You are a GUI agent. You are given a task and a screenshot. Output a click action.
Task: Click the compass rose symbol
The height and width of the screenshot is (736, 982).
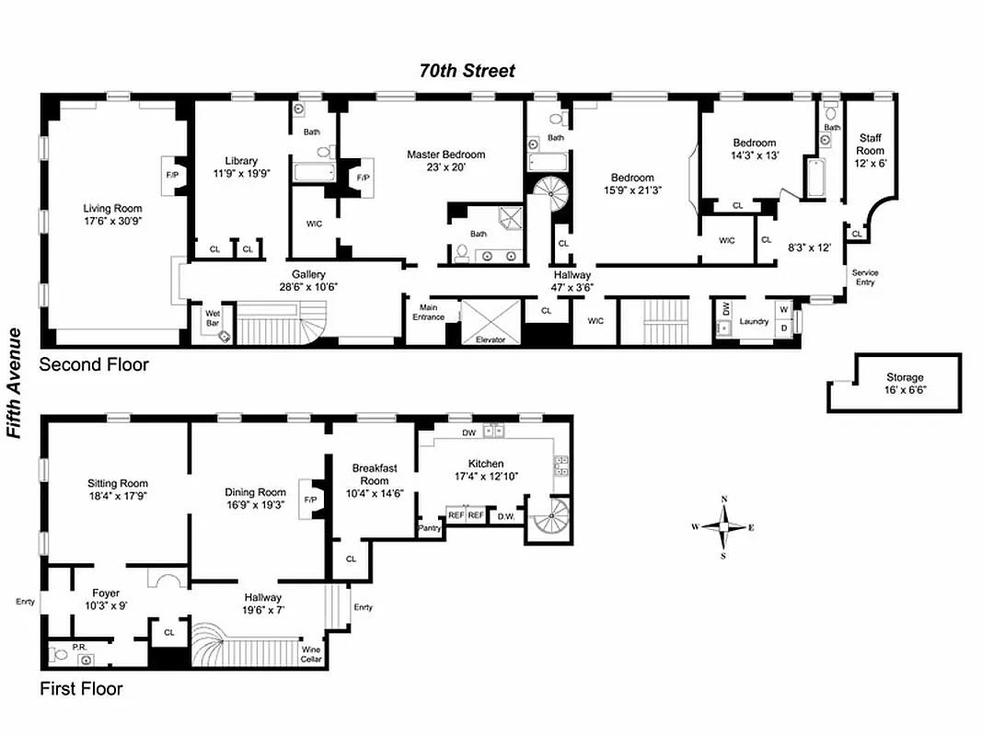point(724,527)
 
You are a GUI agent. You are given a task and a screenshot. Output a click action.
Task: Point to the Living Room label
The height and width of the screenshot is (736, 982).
point(113,209)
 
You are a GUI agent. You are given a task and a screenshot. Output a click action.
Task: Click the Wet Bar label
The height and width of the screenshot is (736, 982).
point(212,317)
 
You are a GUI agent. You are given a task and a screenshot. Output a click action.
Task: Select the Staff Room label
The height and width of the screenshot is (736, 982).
point(870,144)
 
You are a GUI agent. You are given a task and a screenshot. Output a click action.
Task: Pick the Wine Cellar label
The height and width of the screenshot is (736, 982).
point(311,654)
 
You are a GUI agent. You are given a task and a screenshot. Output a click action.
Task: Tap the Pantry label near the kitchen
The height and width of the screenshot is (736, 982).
point(430,528)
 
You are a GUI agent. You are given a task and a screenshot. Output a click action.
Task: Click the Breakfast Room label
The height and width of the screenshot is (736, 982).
point(375,474)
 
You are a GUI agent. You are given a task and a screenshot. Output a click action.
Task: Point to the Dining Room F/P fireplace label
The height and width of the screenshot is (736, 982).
point(311,500)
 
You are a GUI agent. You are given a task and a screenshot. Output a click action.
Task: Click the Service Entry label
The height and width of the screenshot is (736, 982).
point(864,277)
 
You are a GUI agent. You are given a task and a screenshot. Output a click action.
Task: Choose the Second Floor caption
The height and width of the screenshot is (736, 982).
point(93,365)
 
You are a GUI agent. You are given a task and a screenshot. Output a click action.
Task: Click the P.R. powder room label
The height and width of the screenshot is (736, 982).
point(79,647)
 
